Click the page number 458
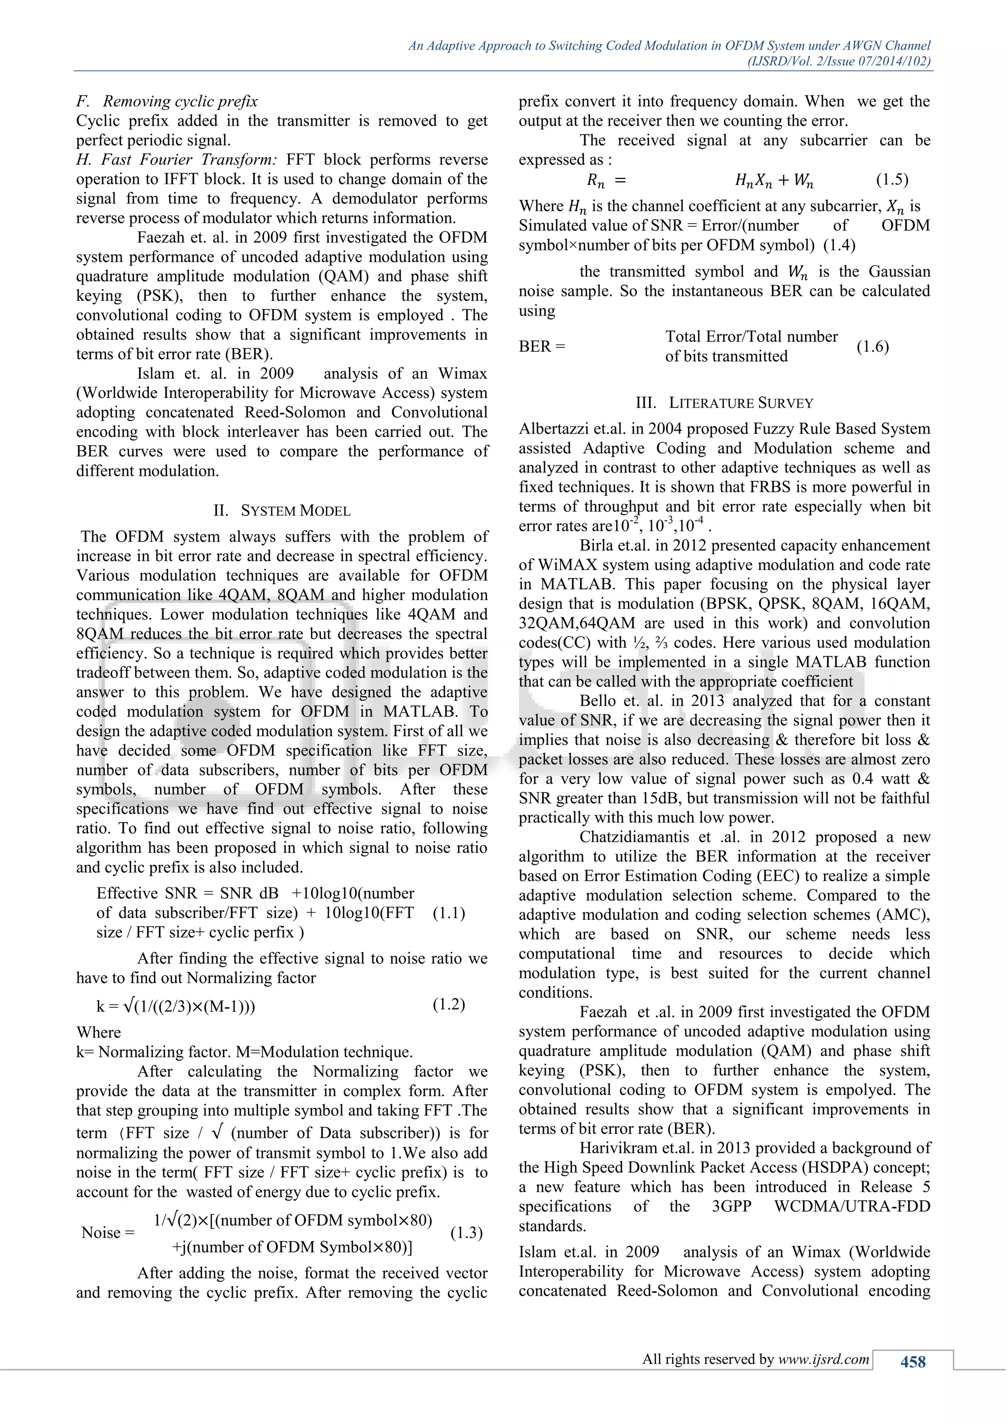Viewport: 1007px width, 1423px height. [913, 1362]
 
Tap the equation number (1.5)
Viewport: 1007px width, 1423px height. [891, 180]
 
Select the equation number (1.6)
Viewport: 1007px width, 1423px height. [872, 346]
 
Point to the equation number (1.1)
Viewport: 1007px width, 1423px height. [449, 913]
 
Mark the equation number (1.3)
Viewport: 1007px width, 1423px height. [466, 1233]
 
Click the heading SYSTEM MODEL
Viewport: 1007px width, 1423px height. [295, 511]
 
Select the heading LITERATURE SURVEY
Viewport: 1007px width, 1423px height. [740, 403]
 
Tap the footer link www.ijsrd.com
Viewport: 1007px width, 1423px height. [824, 1359]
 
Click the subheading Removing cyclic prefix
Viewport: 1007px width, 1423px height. [180, 101]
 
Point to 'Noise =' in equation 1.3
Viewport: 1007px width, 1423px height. [108, 1233]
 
